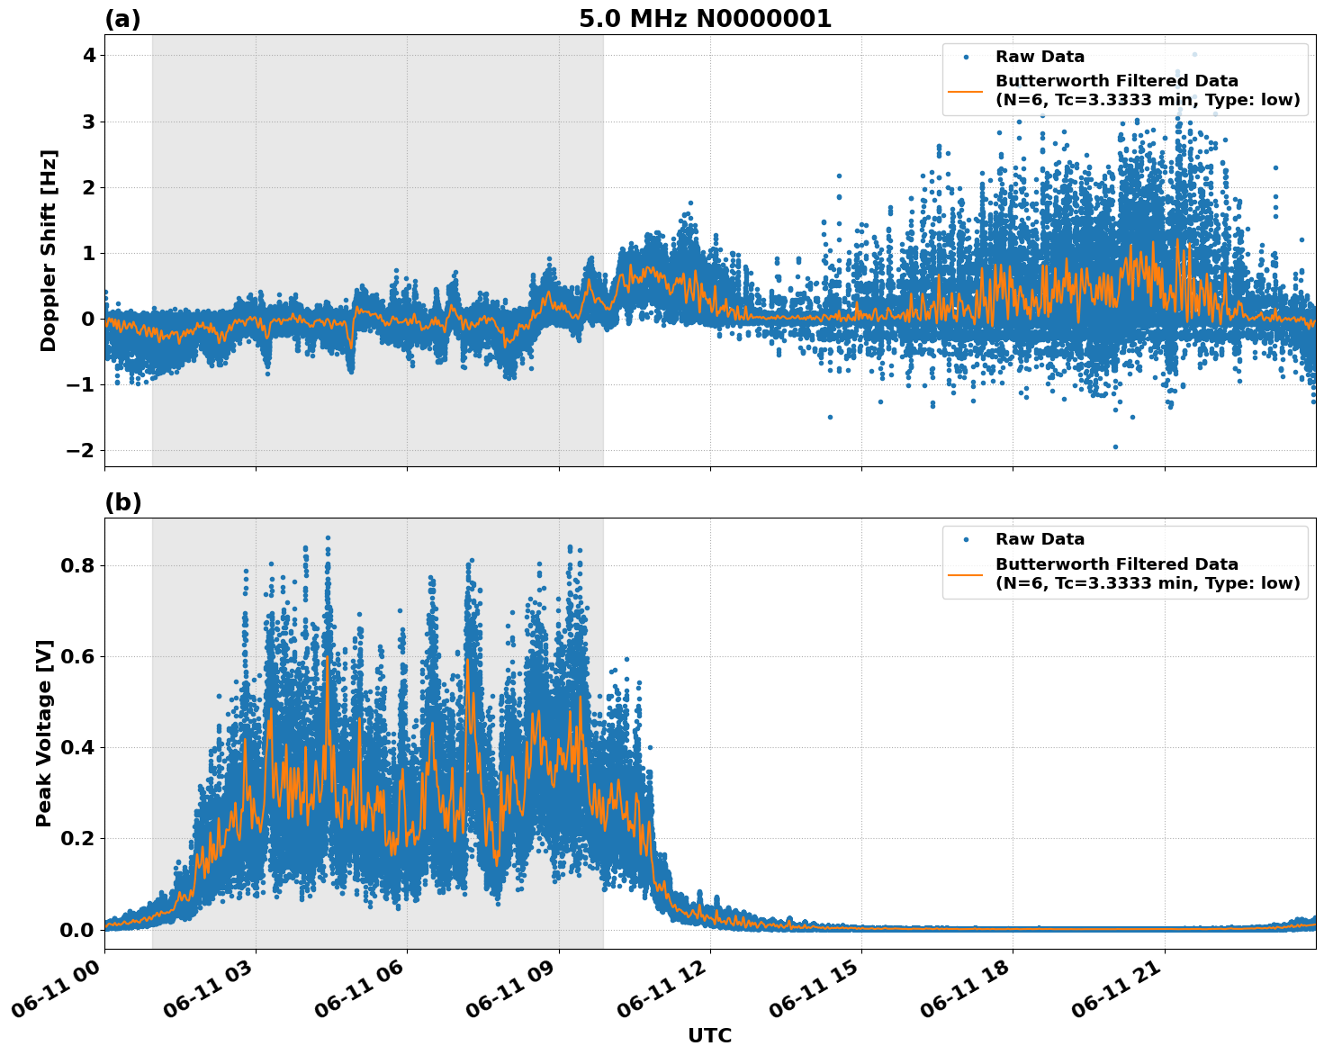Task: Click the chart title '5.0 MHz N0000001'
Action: click(705, 19)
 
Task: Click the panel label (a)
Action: click(122, 19)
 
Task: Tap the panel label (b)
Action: click(123, 502)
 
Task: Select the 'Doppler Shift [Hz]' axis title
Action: click(49, 250)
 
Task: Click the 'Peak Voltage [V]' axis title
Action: click(44, 733)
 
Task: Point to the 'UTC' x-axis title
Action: click(709, 1035)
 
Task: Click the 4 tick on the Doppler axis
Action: click(88, 56)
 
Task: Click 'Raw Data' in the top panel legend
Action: click(1040, 57)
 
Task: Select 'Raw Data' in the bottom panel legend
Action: click(1040, 539)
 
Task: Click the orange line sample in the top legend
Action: click(965, 90)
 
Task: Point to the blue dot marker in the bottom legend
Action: click(965, 539)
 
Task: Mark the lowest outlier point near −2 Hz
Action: click(1115, 446)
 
